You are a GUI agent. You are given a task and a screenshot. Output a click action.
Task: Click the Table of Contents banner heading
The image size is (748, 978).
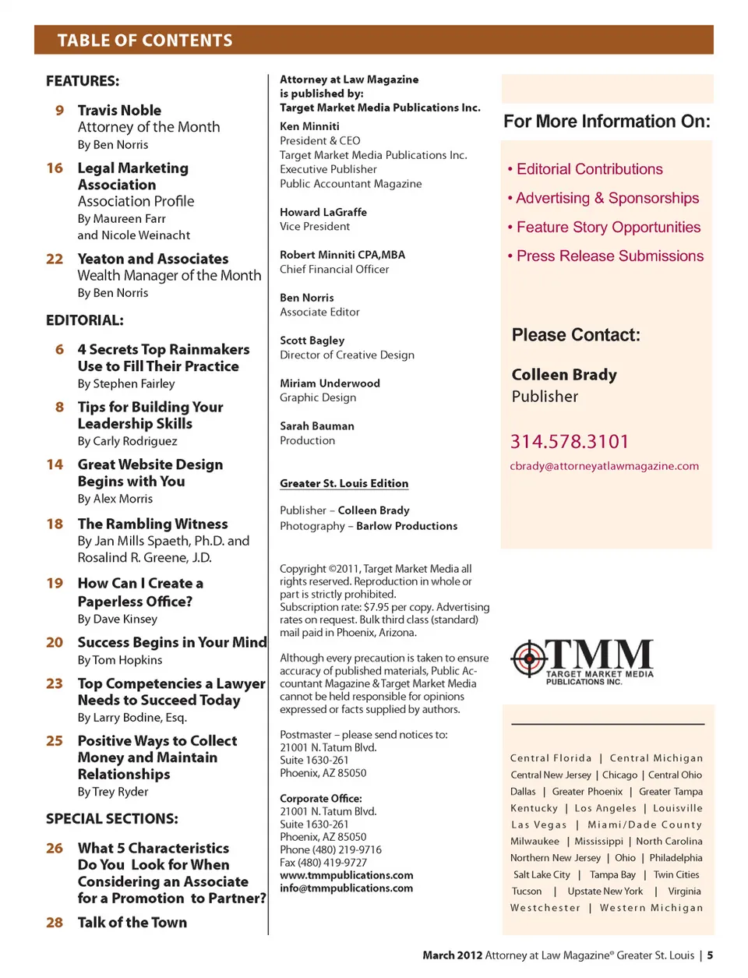click(145, 41)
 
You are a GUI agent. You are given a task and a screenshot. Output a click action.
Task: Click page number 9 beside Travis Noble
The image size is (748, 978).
click(59, 111)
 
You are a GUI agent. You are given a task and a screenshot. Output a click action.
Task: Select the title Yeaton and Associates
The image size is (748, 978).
click(153, 259)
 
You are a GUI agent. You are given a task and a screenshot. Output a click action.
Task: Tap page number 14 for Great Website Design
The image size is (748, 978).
click(55, 464)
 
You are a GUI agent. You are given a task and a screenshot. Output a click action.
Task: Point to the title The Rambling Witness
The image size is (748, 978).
click(153, 524)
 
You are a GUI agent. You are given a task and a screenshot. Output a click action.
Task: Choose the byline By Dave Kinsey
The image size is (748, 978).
click(117, 619)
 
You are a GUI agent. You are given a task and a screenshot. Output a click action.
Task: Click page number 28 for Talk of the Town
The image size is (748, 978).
click(55, 923)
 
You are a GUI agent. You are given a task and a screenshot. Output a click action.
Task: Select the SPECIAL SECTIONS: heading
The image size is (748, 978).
click(112, 819)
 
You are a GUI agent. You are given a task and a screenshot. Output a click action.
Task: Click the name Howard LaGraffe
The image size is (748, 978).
click(323, 212)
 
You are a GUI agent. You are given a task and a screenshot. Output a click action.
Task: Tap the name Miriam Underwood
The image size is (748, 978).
click(330, 383)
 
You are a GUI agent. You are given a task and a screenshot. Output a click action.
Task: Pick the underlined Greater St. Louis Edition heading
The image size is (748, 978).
click(344, 483)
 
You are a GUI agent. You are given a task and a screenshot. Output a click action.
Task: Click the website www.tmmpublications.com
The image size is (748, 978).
click(347, 875)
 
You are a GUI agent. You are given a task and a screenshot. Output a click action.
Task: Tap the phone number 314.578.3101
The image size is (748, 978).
click(570, 442)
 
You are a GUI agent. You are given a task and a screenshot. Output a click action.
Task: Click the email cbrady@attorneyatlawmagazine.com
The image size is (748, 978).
click(604, 466)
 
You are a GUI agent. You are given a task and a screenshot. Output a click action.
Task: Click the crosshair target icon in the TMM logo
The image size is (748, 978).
click(529, 658)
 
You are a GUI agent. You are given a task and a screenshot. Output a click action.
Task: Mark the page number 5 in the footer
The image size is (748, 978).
click(710, 955)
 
